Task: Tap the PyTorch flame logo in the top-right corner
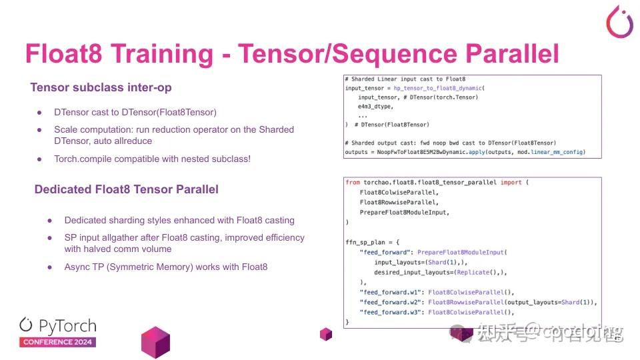point(619,22)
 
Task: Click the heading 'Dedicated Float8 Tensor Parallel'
point(126,189)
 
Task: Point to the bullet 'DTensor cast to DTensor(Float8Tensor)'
point(135,112)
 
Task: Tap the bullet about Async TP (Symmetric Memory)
point(165,267)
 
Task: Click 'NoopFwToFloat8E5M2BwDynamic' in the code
point(425,152)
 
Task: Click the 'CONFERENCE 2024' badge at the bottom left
point(57,342)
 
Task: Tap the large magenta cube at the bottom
point(156,342)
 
